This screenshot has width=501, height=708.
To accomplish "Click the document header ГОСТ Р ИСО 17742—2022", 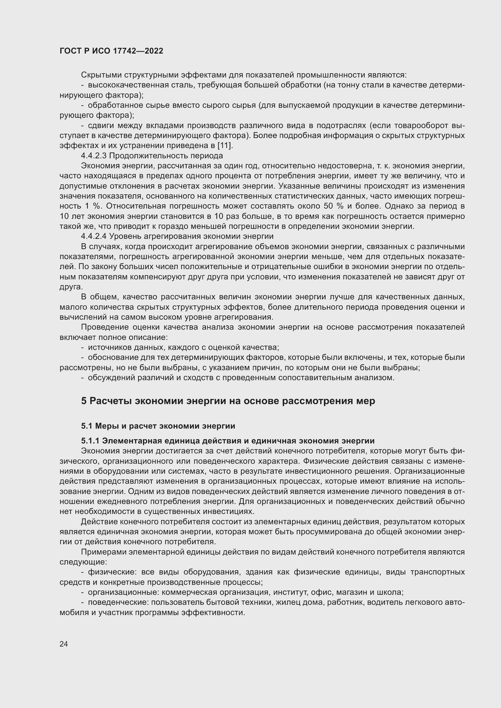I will pos(111,51).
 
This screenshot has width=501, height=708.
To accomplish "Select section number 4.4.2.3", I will pos(94,156).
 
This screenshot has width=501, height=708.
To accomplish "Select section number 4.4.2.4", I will pos(94,236).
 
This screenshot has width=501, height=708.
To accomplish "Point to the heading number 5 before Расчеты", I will pos(84,401).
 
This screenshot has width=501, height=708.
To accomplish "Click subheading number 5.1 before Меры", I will pos(87,426).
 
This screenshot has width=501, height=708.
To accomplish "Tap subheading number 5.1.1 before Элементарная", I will pos(90,441).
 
